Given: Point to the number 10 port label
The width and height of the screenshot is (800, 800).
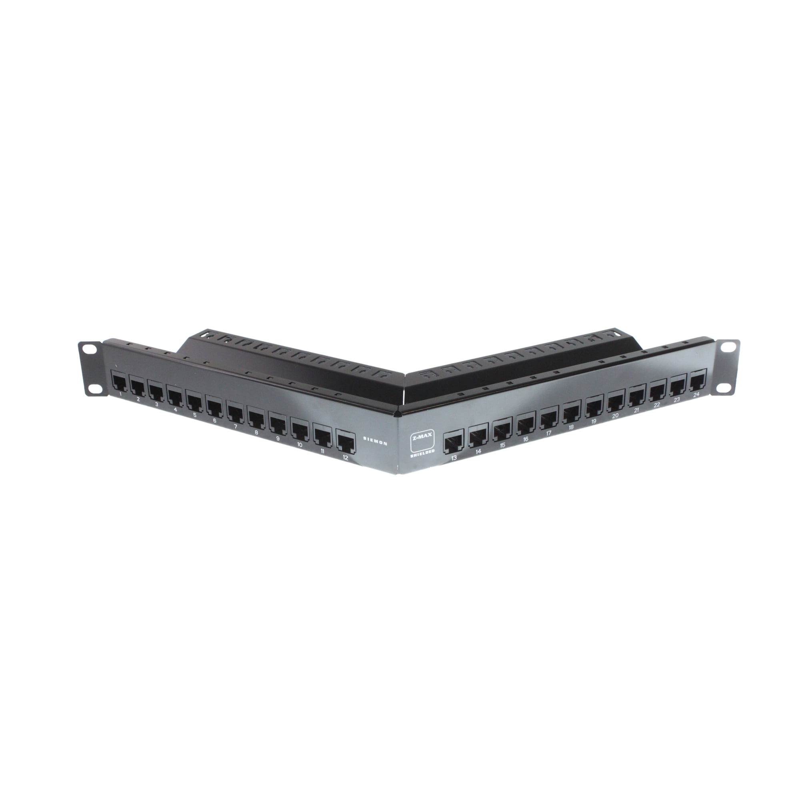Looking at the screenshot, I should pyautogui.click(x=299, y=445).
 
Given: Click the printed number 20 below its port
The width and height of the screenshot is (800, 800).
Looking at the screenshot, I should pyautogui.click(x=615, y=415).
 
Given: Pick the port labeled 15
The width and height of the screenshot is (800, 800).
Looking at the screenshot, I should pyautogui.click(x=502, y=431).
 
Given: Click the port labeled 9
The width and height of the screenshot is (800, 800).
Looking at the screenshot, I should pyautogui.click(x=277, y=423).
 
